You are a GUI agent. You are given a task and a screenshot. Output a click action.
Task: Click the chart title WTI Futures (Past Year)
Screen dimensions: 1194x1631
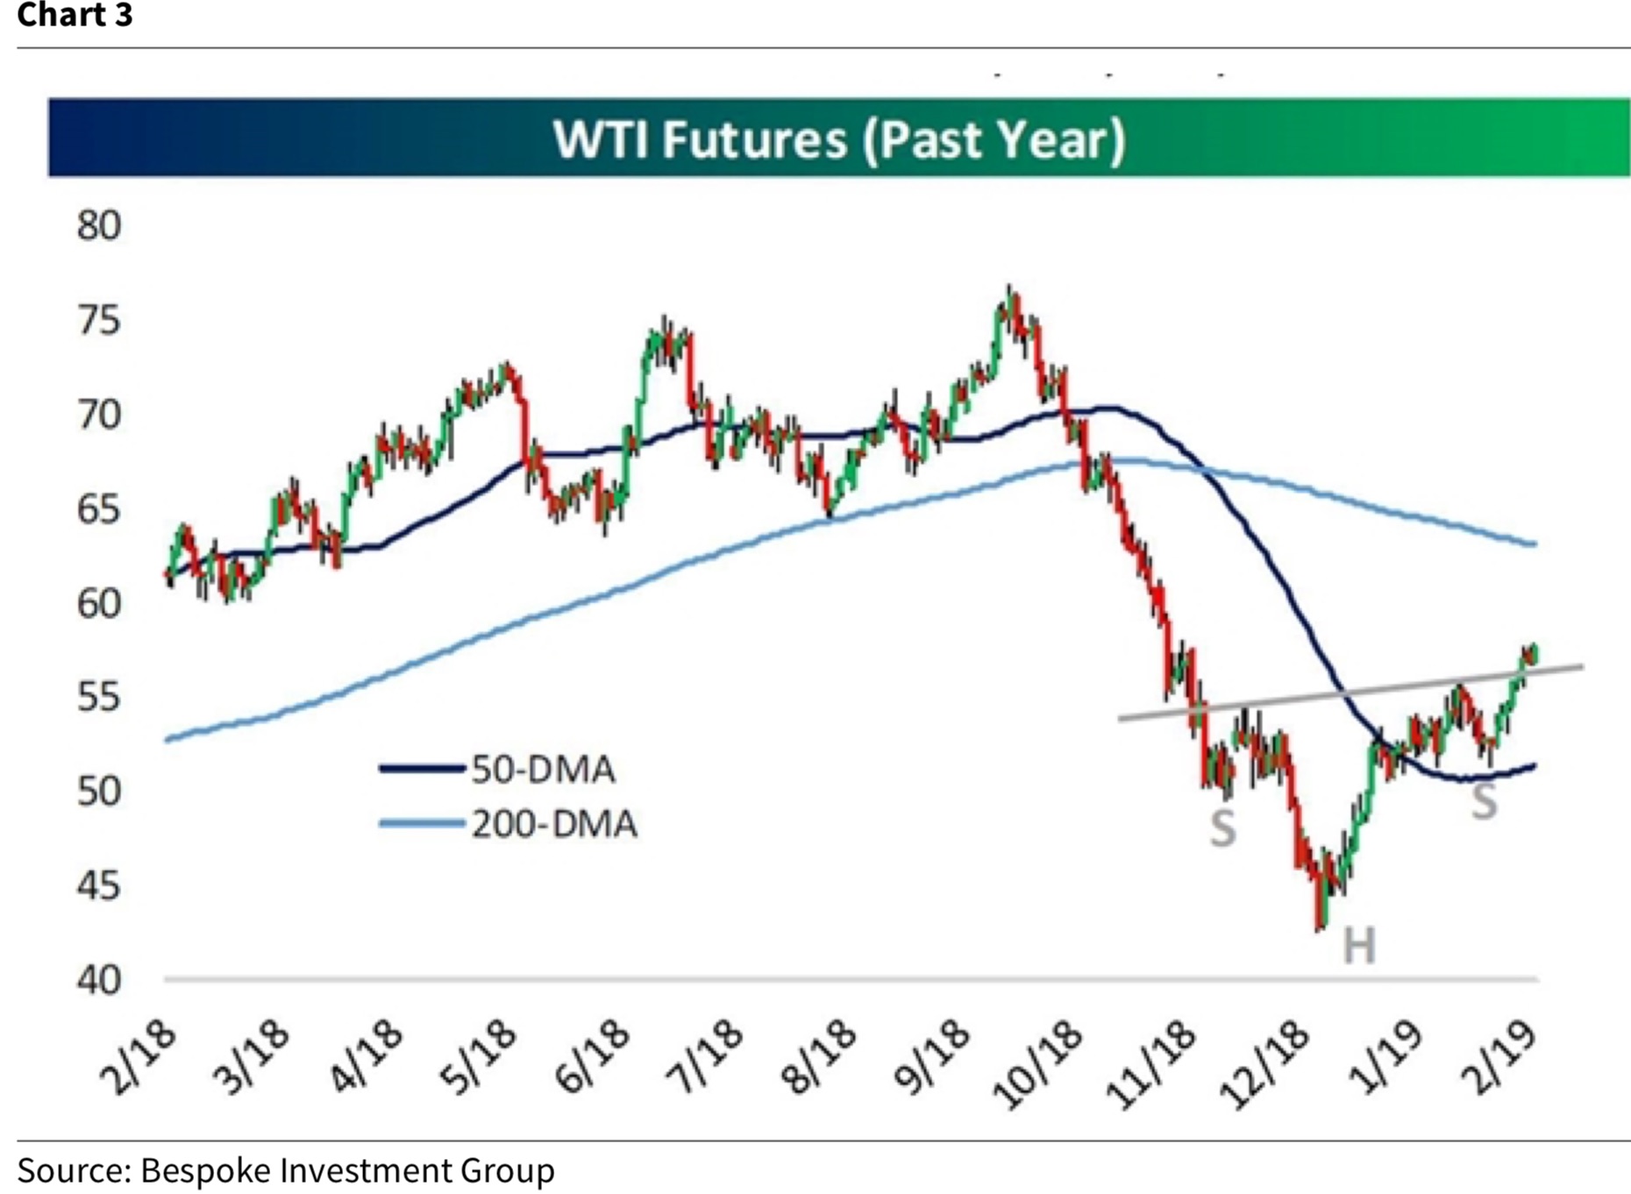point(838,139)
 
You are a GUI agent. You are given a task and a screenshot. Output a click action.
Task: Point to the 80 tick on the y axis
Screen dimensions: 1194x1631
point(98,226)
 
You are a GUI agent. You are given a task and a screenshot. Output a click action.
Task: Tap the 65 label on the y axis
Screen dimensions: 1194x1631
point(98,509)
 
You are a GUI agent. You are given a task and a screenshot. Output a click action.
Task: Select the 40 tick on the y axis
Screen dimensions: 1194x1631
point(98,980)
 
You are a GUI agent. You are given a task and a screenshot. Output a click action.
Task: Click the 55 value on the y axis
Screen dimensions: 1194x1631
point(98,698)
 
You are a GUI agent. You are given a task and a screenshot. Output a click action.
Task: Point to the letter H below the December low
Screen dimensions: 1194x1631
point(1359,946)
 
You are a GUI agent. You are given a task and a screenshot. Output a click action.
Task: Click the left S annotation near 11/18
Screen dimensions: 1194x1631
point(1222,828)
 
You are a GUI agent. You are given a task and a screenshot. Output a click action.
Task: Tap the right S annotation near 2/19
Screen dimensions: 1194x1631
point(1484,800)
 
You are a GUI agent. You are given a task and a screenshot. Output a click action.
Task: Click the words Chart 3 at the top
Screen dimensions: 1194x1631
point(75,15)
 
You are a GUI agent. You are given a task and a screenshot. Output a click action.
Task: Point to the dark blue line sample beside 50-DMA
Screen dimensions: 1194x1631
point(421,769)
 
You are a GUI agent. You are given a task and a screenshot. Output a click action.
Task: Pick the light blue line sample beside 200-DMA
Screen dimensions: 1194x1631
point(421,823)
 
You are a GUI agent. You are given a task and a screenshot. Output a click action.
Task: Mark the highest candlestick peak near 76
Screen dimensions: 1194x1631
point(1010,288)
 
